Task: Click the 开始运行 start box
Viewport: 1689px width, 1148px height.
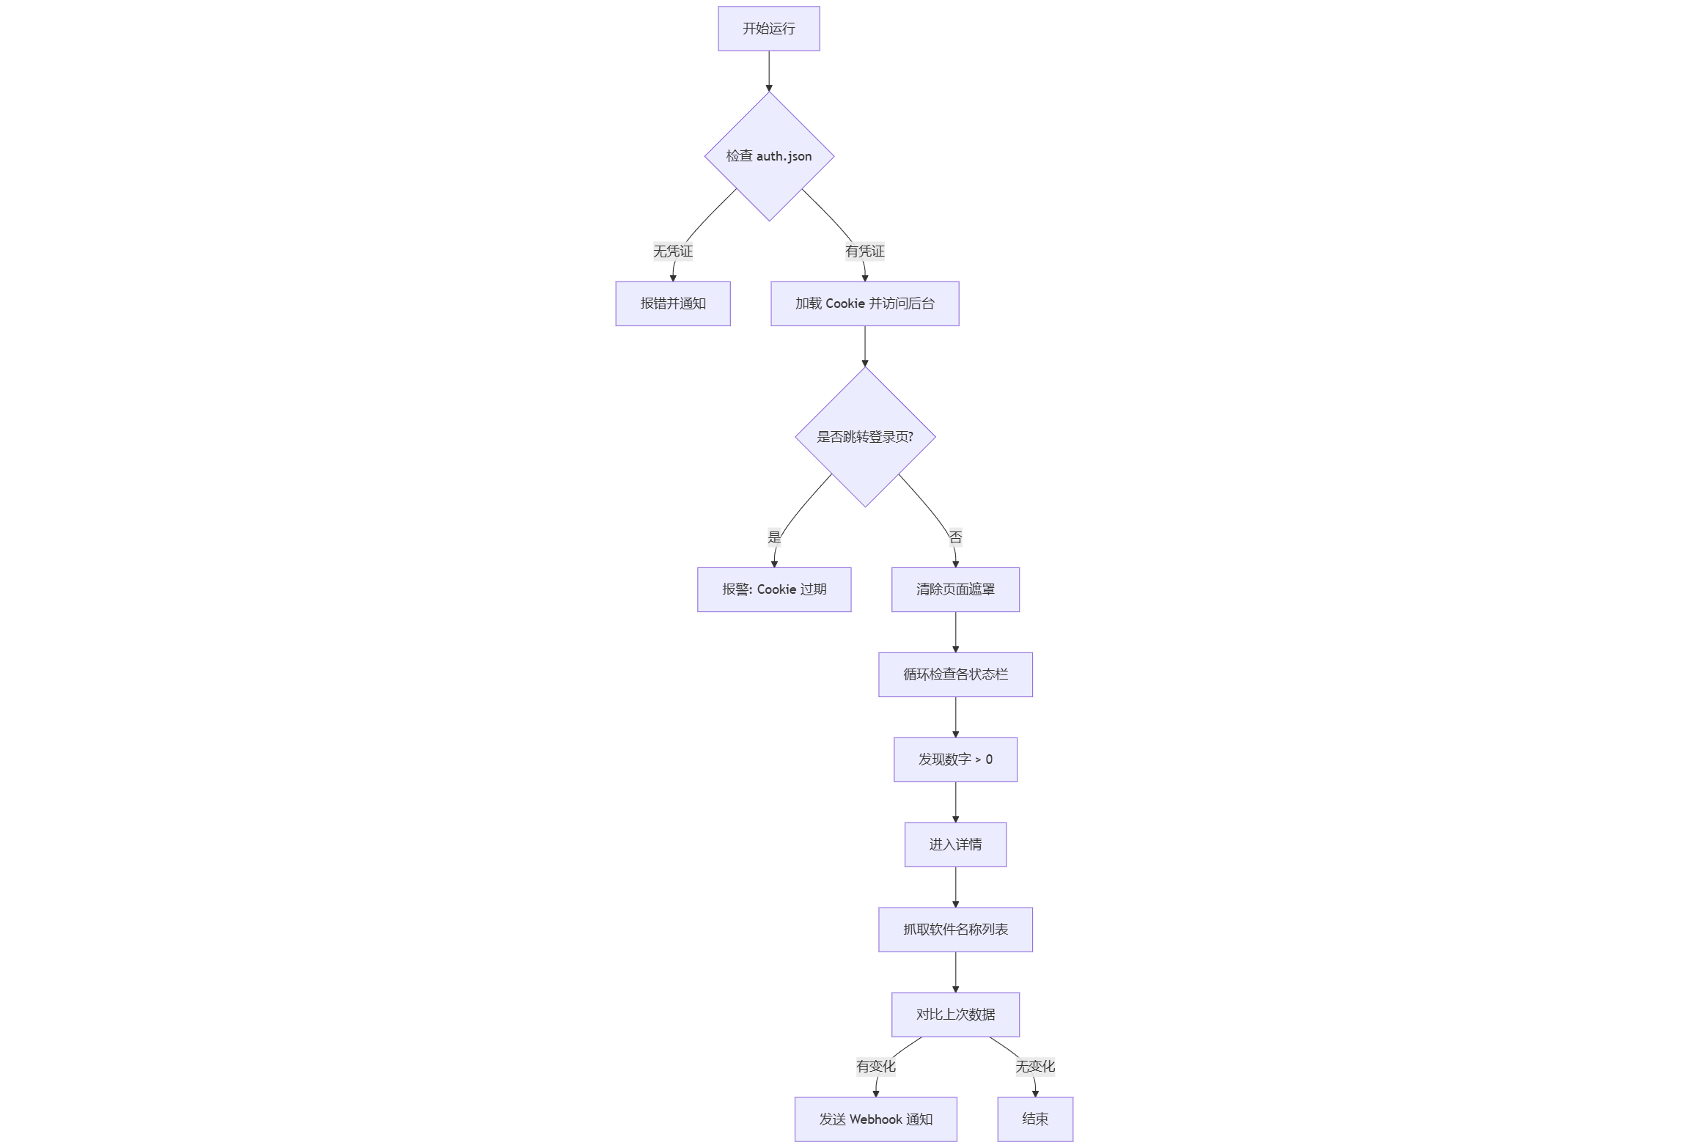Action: pos(768,29)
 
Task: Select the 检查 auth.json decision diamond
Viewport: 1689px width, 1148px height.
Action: pos(769,156)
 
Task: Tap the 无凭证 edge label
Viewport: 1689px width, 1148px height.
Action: pos(672,251)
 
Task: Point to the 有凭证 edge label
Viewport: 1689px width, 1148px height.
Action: pos(864,251)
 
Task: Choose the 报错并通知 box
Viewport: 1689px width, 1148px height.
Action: pos(672,303)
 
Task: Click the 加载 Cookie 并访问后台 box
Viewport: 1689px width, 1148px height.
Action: pos(864,303)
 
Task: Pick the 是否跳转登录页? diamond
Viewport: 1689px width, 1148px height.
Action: pos(865,437)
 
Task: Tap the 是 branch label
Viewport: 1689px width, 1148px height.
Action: pos(774,537)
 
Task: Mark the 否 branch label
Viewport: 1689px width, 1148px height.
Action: pos(955,537)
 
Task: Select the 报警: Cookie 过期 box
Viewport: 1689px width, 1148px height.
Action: pos(774,589)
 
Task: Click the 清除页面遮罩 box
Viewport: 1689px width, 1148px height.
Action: pos(955,589)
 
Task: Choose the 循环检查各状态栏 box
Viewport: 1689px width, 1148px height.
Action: pos(955,674)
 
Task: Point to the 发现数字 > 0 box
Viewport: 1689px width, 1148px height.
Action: pos(955,759)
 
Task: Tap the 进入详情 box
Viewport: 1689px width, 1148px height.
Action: pos(955,845)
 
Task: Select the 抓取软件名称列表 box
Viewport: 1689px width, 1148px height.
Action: pos(955,930)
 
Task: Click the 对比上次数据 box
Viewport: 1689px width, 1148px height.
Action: pos(955,1015)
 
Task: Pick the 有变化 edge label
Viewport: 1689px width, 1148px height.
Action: pos(875,1067)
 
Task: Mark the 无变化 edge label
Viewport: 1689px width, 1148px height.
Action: pos(1034,1067)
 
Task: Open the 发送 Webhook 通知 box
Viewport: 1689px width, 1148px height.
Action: pos(875,1119)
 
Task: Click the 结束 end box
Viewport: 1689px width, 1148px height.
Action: pos(1034,1119)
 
